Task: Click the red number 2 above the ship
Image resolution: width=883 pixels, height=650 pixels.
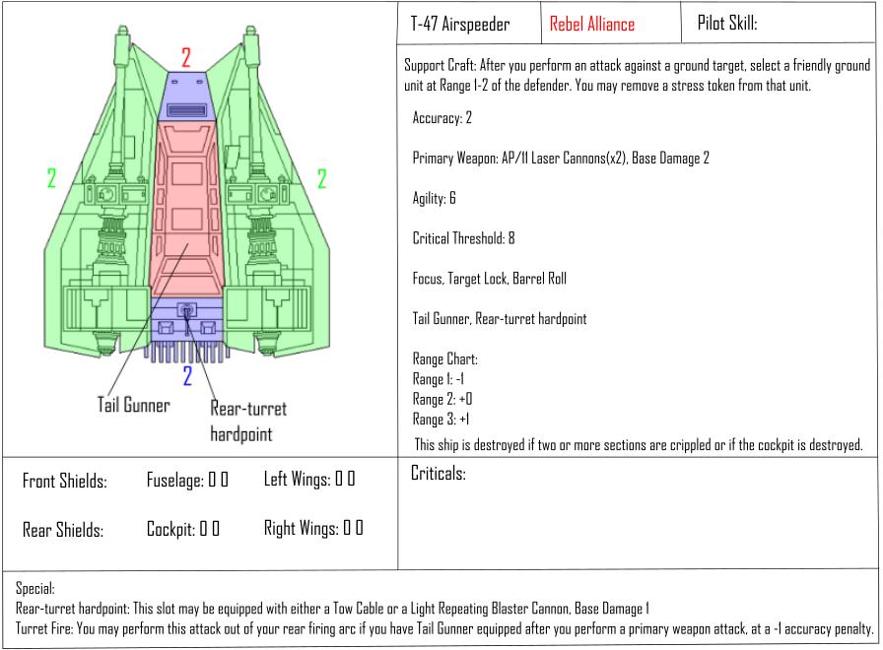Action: click(186, 57)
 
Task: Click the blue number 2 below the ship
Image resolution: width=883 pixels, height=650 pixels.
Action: click(187, 376)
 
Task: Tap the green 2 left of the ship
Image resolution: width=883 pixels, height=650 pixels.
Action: click(52, 178)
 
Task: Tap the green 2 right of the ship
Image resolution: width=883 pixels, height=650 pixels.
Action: click(321, 179)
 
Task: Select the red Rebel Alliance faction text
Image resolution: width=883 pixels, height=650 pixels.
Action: click(592, 25)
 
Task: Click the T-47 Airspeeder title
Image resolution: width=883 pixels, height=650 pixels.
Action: click(460, 24)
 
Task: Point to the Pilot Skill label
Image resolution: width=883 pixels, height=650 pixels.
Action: click(727, 23)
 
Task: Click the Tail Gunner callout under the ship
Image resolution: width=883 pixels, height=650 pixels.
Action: click(133, 405)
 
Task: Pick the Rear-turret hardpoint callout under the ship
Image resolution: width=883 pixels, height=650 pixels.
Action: click(248, 422)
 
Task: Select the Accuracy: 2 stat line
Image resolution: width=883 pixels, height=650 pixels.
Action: click(442, 118)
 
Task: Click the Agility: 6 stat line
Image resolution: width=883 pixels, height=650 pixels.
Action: click(435, 198)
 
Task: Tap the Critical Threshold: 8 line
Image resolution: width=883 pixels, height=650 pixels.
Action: click(463, 238)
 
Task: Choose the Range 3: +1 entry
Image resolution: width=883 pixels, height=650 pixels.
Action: click(441, 420)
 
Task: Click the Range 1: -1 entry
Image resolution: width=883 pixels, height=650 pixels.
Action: click(439, 379)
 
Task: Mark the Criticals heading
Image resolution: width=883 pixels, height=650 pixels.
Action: click(439, 474)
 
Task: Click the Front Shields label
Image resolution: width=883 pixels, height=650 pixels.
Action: click(65, 481)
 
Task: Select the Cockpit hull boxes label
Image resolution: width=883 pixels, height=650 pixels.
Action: click(183, 529)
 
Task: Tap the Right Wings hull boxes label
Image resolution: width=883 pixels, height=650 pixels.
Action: click(313, 528)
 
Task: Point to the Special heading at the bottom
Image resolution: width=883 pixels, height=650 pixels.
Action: click(34, 589)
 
